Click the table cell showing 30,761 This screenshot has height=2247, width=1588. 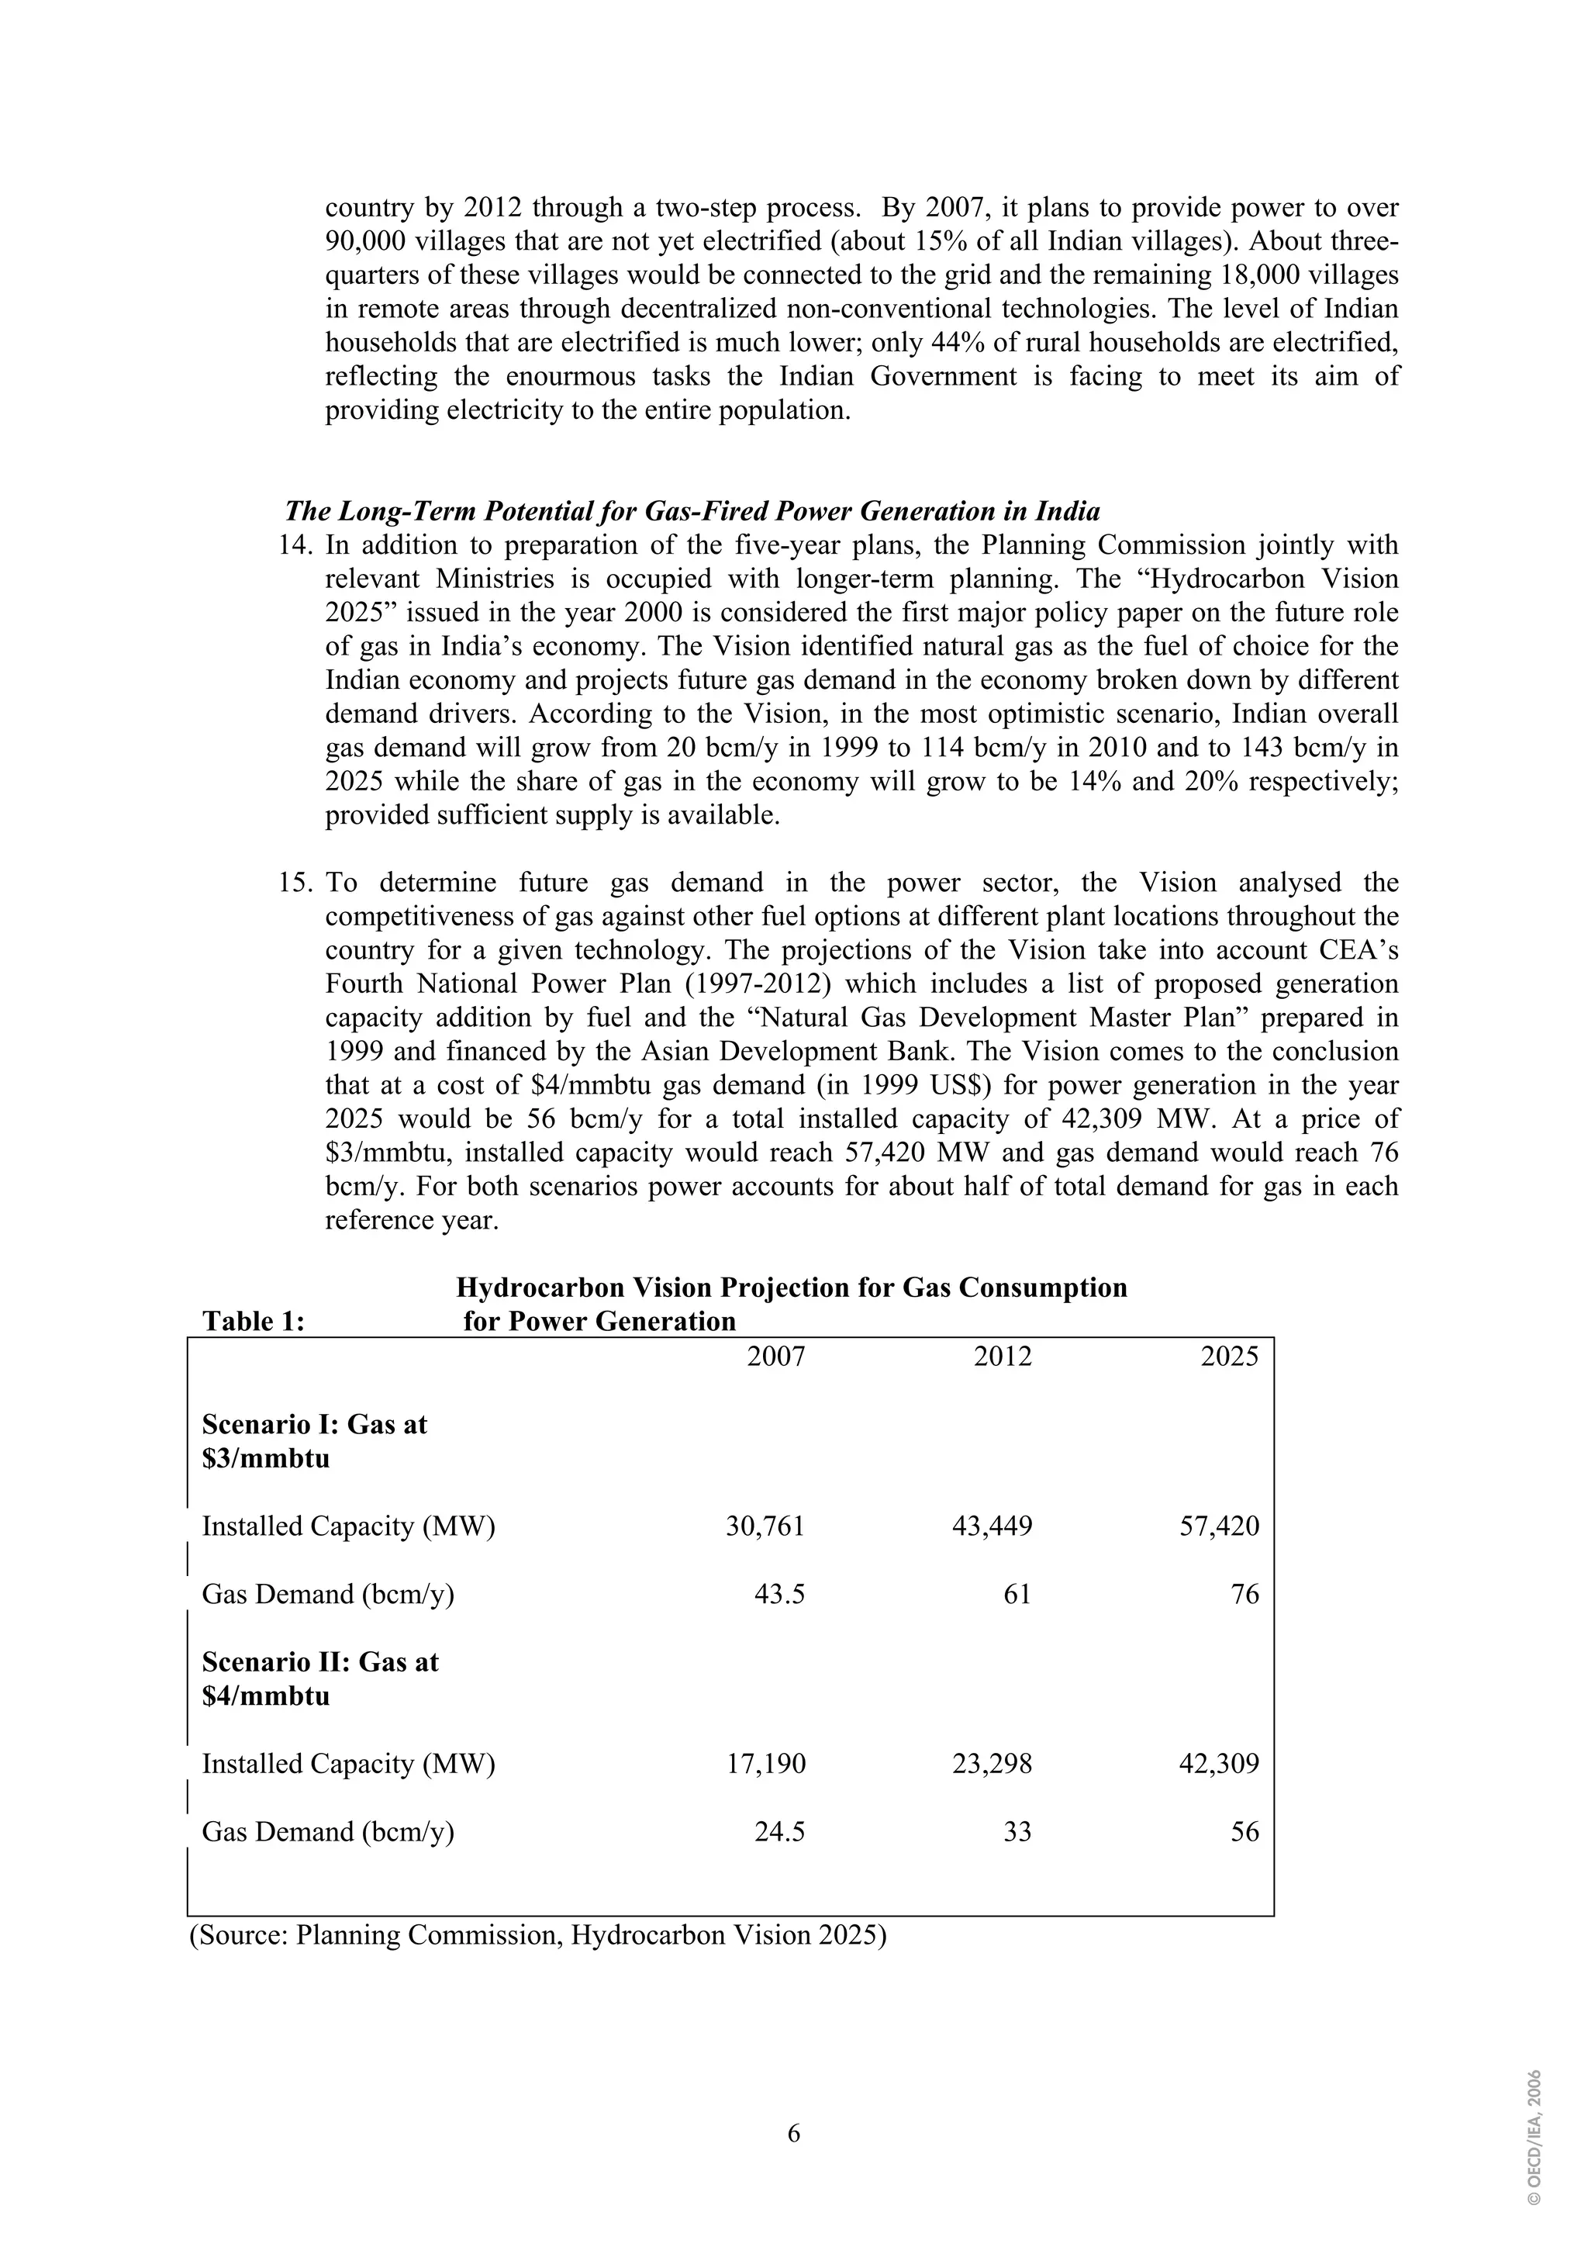pyautogui.click(x=765, y=1526)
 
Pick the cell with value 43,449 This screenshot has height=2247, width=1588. pyautogui.click(x=992, y=1526)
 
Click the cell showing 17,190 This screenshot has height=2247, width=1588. pyautogui.click(x=766, y=1764)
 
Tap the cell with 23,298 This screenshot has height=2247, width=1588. pyautogui.click(x=992, y=1764)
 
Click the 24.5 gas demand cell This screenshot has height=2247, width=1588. pyautogui.click(x=780, y=1832)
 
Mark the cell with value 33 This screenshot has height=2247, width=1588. pyautogui.click(x=1017, y=1832)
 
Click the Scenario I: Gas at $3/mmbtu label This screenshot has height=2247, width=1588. pyautogui.click(x=314, y=1440)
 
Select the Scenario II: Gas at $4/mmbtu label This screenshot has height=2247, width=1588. pyautogui.click(x=320, y=1678)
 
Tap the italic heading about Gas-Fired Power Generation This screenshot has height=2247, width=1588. pyautogui.click(x=692, y=511)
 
